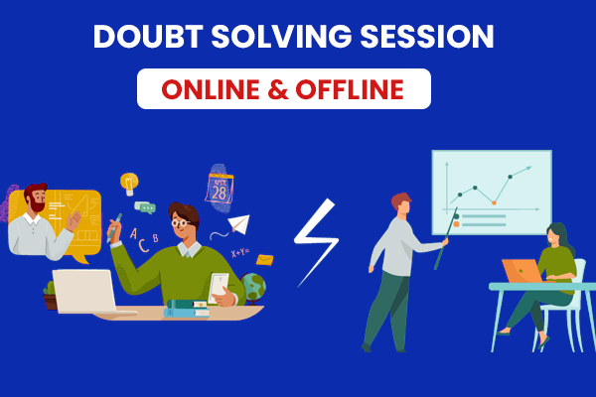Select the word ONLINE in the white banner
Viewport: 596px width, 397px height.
click(212, 89)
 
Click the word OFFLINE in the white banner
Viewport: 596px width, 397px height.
click(350, 89)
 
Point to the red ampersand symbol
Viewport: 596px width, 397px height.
click(278, 89)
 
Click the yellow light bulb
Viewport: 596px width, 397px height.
click(129, 184)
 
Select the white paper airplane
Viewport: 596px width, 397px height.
click(239, 224)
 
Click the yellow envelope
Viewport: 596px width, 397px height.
click(264, 260)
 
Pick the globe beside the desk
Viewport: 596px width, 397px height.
click(252, 288)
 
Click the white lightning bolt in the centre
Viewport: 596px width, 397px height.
click(316, 242)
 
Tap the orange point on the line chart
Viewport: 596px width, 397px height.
click(494, 202)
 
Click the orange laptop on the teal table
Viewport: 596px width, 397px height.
click(522, 271)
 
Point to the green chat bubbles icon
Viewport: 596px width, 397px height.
click(145, 207)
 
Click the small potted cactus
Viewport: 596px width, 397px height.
click(50, 296)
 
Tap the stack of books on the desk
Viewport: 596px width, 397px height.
click(187, 308)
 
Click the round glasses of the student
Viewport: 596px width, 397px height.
click(180, 222)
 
